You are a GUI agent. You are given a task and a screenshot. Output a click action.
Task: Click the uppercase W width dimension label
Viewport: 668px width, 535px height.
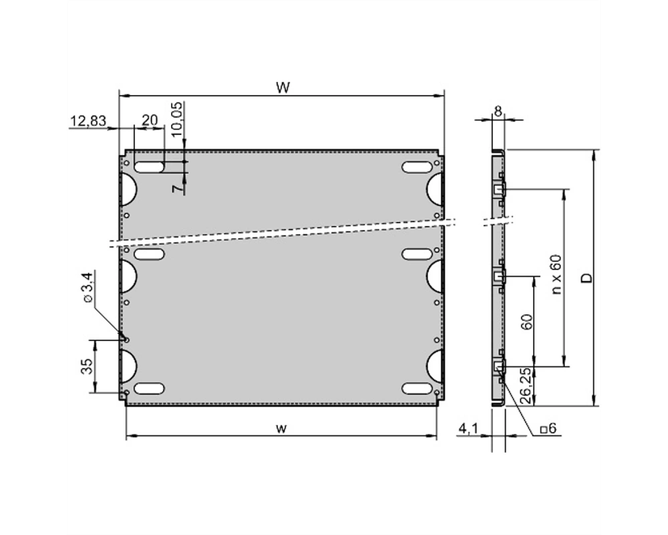coord(283,88)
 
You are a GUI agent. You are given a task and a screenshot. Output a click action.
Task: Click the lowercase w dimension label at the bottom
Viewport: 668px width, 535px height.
coord(281,429)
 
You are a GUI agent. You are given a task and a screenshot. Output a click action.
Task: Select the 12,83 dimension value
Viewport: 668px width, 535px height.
coord(88,121)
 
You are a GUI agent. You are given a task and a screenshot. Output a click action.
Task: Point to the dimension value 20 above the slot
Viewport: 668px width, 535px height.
coord(150,120)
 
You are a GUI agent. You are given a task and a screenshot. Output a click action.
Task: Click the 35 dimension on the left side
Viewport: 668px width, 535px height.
coord(87,366)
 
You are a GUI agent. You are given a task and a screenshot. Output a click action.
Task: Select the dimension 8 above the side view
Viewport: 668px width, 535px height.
coord(498,112)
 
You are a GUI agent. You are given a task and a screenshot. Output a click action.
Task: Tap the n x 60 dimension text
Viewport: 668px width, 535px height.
coord(556,274)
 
